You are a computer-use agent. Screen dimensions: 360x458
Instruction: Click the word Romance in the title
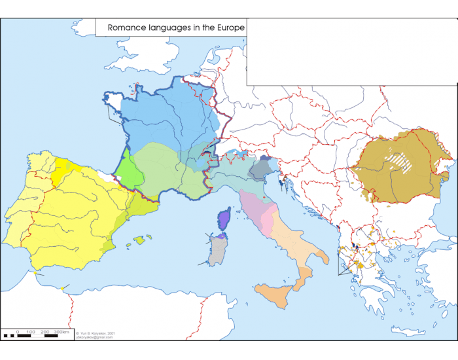pyautogui.click(x=124, y=27)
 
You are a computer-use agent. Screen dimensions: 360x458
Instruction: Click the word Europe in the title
pyautogui.click(x=229, y=27)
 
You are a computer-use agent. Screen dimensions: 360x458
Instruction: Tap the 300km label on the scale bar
pyautogui.click(x=62, y=333)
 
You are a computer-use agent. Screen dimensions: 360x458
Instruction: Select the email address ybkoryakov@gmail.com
pyautogui.click(x=96, y=337)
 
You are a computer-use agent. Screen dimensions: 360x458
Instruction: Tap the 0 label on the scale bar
pyautogui.click(x=18, y=333)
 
